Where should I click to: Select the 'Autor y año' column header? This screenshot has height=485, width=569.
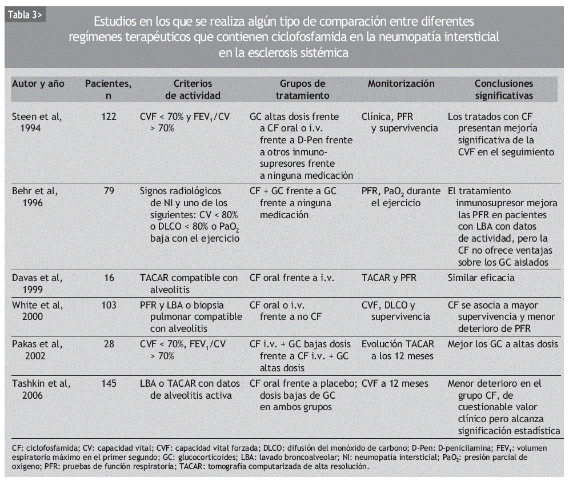(38, 83)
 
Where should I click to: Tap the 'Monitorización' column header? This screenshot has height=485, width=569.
(401, 83)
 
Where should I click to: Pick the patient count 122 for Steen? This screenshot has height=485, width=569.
(109, 117)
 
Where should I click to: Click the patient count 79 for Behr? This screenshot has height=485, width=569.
(109, 191)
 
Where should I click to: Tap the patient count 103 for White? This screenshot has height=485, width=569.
(109, 305)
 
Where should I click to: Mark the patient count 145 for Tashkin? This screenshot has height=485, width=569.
(109, 383)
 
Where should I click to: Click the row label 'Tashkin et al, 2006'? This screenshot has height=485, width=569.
(41, 389)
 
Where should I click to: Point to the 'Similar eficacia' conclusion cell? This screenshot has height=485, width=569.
(481, 278)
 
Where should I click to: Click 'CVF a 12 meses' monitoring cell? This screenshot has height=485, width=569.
(395, 383)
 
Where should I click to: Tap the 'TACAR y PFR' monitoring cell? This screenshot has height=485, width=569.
(389, 278)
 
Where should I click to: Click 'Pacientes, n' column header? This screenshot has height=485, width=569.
(109, 90)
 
